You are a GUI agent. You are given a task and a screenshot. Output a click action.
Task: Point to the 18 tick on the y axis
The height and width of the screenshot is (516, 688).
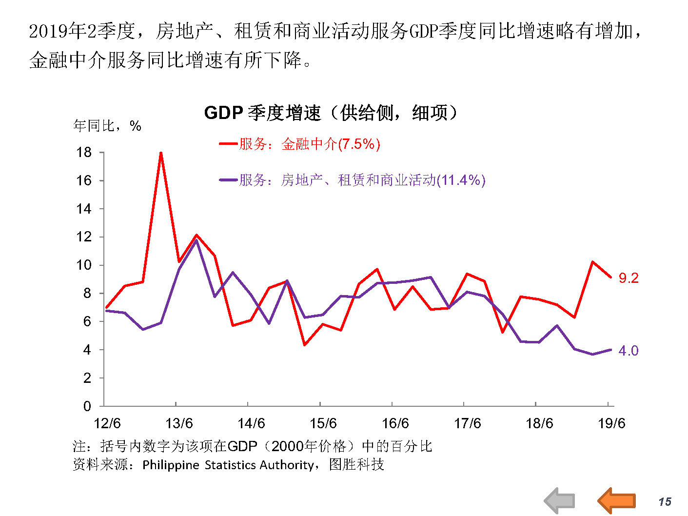[84, 153]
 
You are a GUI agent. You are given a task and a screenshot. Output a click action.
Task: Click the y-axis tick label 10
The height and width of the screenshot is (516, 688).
[84, 265]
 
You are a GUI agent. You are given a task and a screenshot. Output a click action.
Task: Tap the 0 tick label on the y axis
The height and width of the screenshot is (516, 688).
[87, 406]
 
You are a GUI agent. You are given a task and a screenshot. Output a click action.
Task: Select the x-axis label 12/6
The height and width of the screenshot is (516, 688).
[107, 423]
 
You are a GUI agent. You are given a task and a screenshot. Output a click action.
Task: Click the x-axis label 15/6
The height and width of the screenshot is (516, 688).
[323, 423]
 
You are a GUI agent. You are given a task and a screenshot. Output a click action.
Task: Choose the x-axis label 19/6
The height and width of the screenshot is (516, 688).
[611, 423]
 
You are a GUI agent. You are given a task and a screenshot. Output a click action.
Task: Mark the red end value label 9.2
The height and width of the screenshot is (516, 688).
[629, 278]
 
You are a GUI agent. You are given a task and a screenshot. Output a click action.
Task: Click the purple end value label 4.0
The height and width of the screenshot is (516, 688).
[629, 351]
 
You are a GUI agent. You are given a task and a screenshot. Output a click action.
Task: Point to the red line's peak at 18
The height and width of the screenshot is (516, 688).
[161, 153]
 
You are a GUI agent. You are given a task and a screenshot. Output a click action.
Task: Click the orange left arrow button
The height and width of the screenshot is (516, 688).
[617, 500]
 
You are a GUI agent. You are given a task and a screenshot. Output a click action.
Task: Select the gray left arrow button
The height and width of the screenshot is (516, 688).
[560, 500]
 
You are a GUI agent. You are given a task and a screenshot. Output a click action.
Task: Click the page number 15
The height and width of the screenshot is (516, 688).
[665, 502]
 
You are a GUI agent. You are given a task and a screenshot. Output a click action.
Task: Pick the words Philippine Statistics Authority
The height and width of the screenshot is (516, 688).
[228, 465]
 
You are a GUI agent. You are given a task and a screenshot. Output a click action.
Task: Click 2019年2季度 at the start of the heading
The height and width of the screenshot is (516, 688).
[82, 32]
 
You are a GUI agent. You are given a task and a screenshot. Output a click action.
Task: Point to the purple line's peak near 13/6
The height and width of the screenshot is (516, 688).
[197, 240]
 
